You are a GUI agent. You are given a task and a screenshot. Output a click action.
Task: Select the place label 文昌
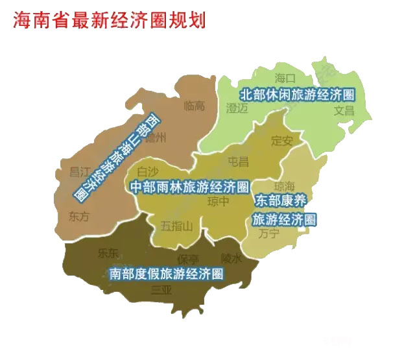[344, 110]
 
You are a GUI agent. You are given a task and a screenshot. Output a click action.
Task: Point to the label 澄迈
[237, 108]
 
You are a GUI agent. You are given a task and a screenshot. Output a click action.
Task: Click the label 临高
[195, 105]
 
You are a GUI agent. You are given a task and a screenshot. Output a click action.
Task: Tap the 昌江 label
[79, 172]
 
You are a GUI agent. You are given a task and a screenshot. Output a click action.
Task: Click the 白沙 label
[148, 171]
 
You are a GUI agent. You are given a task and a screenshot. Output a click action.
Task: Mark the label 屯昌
[238, 161]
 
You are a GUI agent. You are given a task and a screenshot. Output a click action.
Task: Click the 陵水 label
[231, 258]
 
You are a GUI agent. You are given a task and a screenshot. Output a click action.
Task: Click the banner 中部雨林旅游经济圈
[190, 187]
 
